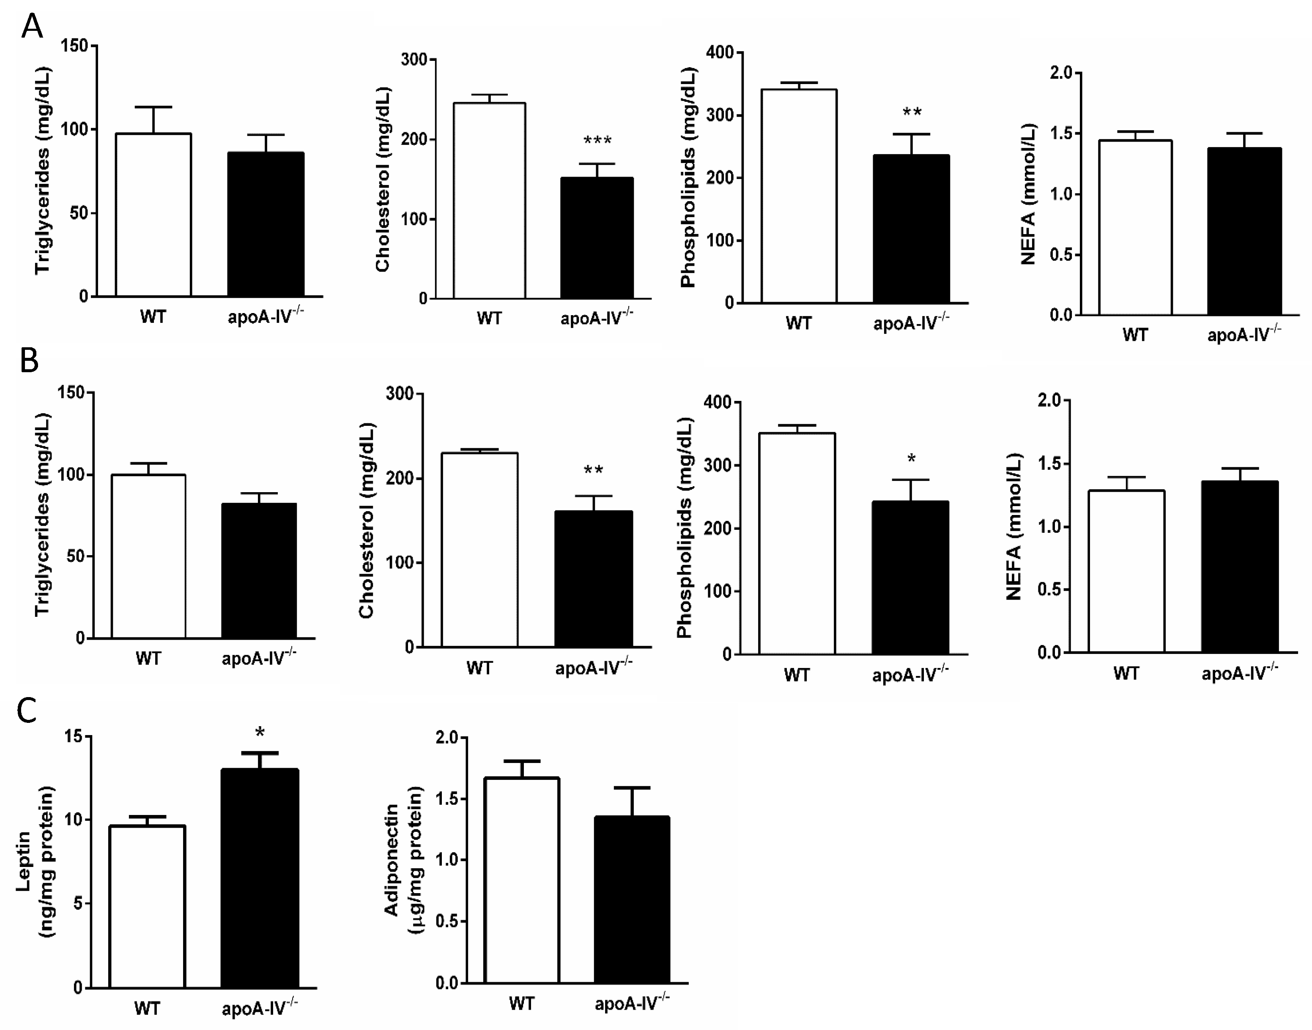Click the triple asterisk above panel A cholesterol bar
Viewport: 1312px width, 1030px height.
click(x=597, y=141)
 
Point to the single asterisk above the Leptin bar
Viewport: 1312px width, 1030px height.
click(x=260, y=733)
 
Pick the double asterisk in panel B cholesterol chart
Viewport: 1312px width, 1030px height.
click(x=593, y=470)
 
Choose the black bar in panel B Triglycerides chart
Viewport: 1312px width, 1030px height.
click(x=259, y=570)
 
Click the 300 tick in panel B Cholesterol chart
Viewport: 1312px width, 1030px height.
click(x=400, y=394)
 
